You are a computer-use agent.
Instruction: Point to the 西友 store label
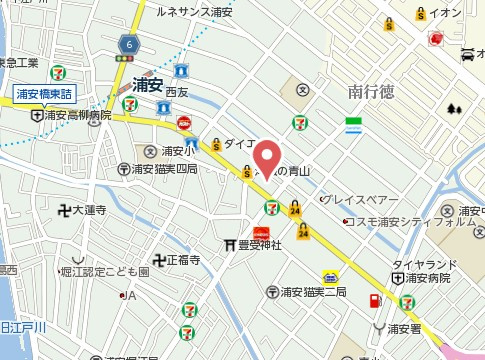tap(176, 92)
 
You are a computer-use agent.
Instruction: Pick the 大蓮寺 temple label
tap(89, 211)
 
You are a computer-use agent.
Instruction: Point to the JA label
tap(130, 295)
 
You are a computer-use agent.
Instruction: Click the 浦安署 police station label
tap(408, 328)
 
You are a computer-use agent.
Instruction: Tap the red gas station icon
tap(374, 301)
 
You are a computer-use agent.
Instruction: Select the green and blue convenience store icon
tap(352, 125)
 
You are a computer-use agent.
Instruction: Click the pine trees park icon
tap(456, 109)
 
